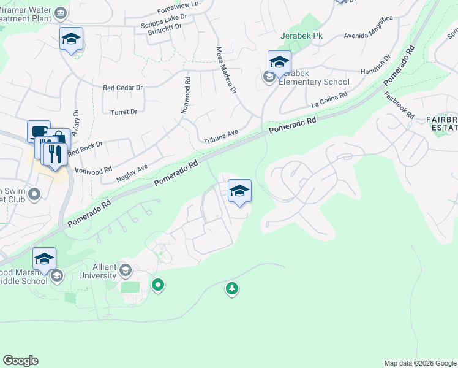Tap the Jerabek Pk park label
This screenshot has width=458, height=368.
click(301, 36)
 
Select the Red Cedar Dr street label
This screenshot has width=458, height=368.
click(122, 88)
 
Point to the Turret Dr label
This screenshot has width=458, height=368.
click(124, 112)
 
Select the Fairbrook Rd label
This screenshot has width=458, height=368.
click(400, 105)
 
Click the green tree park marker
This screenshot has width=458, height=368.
click(231, 288)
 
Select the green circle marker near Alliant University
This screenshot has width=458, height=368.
click(158, 285)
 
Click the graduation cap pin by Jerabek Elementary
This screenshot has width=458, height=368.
click(279, 62)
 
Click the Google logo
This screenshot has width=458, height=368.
click(20, 361)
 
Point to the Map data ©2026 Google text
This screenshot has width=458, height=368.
click(420, 363)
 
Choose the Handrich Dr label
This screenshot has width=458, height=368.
click(375, 67)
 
